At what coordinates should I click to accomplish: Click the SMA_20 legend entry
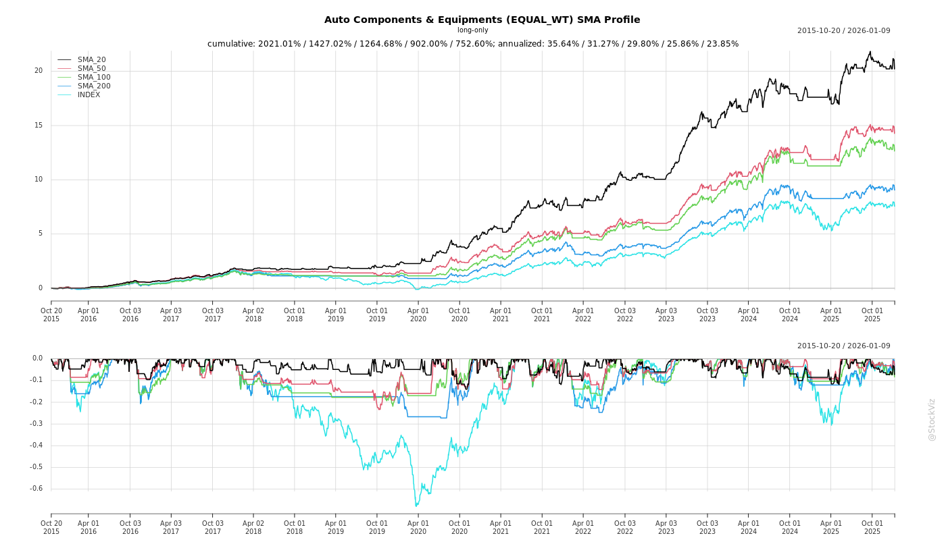(91, 60)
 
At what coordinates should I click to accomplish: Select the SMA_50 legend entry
(91, 69)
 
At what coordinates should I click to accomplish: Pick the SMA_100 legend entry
(94, 78)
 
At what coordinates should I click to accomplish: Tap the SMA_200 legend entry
(94, 86)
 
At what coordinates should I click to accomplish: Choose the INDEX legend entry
(89, 95)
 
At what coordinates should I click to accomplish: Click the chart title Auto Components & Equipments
(482, 20)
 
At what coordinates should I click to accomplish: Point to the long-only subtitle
(472, 30)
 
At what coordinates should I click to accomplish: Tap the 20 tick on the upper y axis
(39, 71)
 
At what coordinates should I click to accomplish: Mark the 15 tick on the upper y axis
(39, 126)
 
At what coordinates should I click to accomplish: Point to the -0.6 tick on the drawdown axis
(36, 489)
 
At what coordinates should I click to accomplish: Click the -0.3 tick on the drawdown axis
(36, 424)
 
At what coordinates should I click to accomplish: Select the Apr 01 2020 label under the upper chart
(418, 315)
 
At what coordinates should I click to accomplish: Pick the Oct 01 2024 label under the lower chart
(790, 527)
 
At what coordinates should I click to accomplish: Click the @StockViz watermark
(932, 419)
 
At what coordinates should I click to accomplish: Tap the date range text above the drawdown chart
(843, 346)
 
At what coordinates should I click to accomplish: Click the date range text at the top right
(843, 31)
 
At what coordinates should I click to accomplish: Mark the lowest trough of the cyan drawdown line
(416, 506)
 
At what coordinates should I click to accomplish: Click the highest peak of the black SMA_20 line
(870, 52)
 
